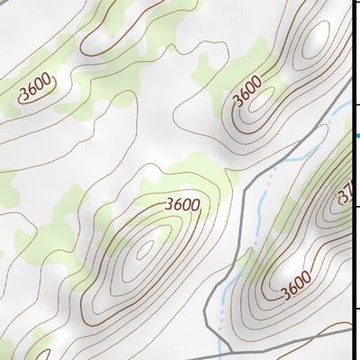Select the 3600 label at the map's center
[x=183, y=204]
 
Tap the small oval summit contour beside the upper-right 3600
[x=262, y=105]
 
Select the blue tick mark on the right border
[x=355, y=136]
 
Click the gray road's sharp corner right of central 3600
[x=244, y=191]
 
